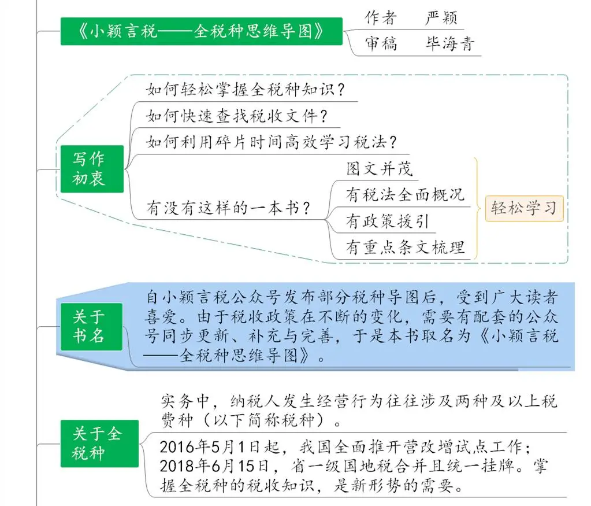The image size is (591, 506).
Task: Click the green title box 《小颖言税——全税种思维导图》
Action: (201, 31)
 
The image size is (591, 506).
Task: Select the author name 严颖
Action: (441, 18)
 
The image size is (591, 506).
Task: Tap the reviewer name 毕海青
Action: (449, 44)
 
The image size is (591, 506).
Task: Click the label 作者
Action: (381, 18)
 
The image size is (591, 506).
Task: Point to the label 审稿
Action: (381, 44)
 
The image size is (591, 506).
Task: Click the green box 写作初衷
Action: (92, 169)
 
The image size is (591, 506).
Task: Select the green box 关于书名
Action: (92, 326)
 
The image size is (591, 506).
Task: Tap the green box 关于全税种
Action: (99, 444)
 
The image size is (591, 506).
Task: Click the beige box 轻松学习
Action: (525, 208)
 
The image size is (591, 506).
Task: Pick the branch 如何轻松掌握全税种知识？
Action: (246, 90)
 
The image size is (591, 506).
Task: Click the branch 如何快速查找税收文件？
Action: (237, 116)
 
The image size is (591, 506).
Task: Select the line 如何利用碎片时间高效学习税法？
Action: (272, 142)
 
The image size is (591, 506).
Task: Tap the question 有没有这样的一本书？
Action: (228, 208)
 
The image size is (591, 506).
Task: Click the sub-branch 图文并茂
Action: (380, 169)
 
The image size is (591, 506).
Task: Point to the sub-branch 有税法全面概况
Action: (405, 195)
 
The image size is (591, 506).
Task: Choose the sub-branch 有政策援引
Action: (388, 221)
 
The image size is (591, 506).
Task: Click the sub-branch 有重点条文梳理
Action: (405, 248)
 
